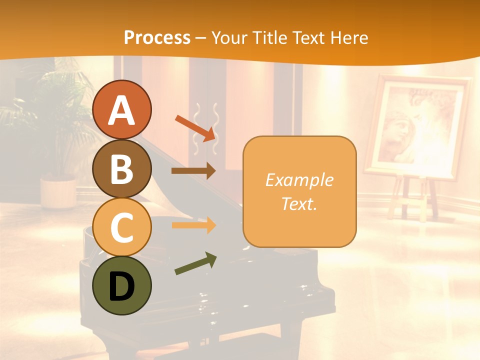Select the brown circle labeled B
(121, 168)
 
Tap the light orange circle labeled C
(121, 227)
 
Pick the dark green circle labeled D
(121, 285)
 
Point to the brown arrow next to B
(193, 171)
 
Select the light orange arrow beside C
(193, 225)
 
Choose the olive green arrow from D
(195, 264)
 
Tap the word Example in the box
(299, 180)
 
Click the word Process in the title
(157, 37)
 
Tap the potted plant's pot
(58, 192)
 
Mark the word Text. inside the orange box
(299, 204)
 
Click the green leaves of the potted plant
(55, 115)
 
